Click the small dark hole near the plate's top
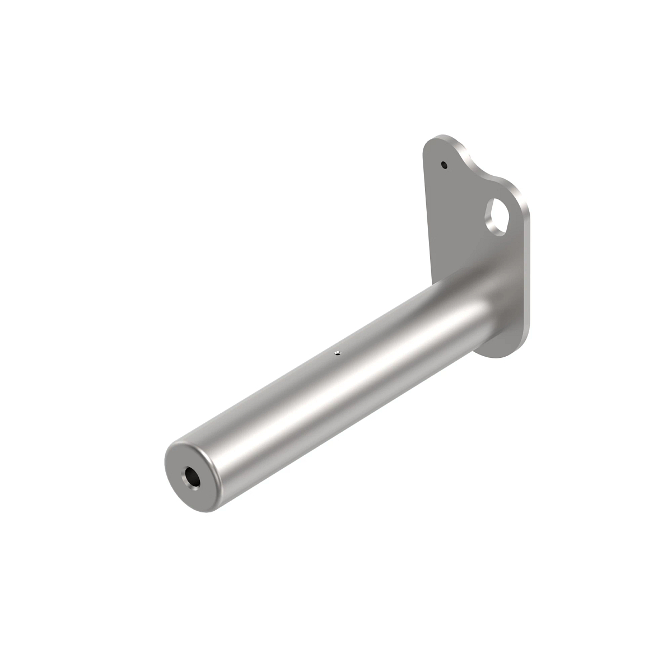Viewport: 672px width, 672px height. click(x=444, y=165)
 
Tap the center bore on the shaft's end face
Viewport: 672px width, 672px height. click(x=190, y=478)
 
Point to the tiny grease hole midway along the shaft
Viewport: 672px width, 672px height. click(x=337, y=353)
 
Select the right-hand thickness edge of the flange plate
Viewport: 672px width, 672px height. click(x=526, y=269)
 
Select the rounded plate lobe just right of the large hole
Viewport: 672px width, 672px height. click(x=518, y=202)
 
